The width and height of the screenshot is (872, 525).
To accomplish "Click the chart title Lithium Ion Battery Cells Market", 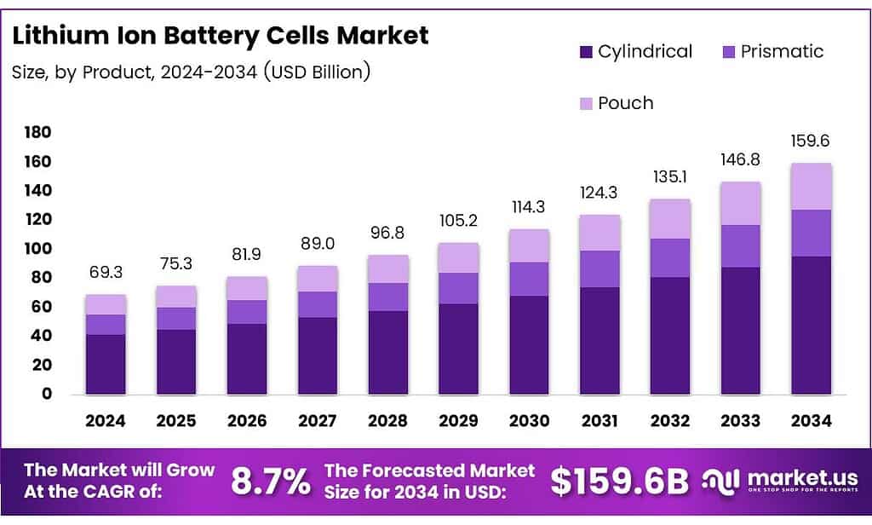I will point(221,36).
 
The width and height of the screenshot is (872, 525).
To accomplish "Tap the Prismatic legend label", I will point(782,51).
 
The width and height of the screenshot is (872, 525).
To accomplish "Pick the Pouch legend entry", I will point(625,103).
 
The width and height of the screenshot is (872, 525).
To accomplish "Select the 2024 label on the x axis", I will point(106,421).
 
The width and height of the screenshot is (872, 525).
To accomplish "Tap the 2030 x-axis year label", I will point(529,421).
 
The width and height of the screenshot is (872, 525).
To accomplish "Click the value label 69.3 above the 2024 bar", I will point(106,273).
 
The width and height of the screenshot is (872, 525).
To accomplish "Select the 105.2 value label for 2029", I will point(458,222).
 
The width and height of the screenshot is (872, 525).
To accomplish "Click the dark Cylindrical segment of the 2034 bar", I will point(811,324).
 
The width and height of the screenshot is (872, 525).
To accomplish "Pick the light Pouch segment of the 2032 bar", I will point(670,218).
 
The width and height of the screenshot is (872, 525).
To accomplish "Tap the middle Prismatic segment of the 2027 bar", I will point(317,304).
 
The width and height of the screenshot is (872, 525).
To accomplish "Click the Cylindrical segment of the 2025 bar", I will point(176,361).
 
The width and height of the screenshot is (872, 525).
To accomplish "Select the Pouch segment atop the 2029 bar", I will point(458,257).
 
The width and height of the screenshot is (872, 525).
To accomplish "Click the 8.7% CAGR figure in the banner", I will point(271,482).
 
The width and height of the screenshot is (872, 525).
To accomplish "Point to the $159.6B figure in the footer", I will point(618,482).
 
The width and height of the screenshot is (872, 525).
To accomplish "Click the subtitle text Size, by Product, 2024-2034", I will point(191,72).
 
